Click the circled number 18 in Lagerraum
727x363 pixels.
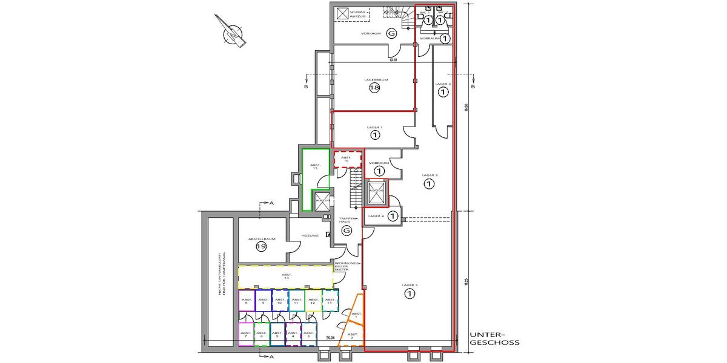point(374,88)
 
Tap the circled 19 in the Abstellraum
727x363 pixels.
point(261,247)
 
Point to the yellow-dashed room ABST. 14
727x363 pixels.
point(285,276)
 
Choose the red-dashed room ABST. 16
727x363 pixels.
point(347,159)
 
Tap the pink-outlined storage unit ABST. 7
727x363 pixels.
point(246,334)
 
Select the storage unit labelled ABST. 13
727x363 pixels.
point(330,300)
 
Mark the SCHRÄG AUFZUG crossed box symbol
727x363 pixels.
point(344,13)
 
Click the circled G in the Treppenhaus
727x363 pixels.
point(347,232)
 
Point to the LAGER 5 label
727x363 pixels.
point(410,284)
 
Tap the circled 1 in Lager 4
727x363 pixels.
point(393,216)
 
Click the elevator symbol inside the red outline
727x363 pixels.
point(376,192)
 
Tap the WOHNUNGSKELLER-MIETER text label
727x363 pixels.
point(351,267)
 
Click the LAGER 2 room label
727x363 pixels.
point(443,83)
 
